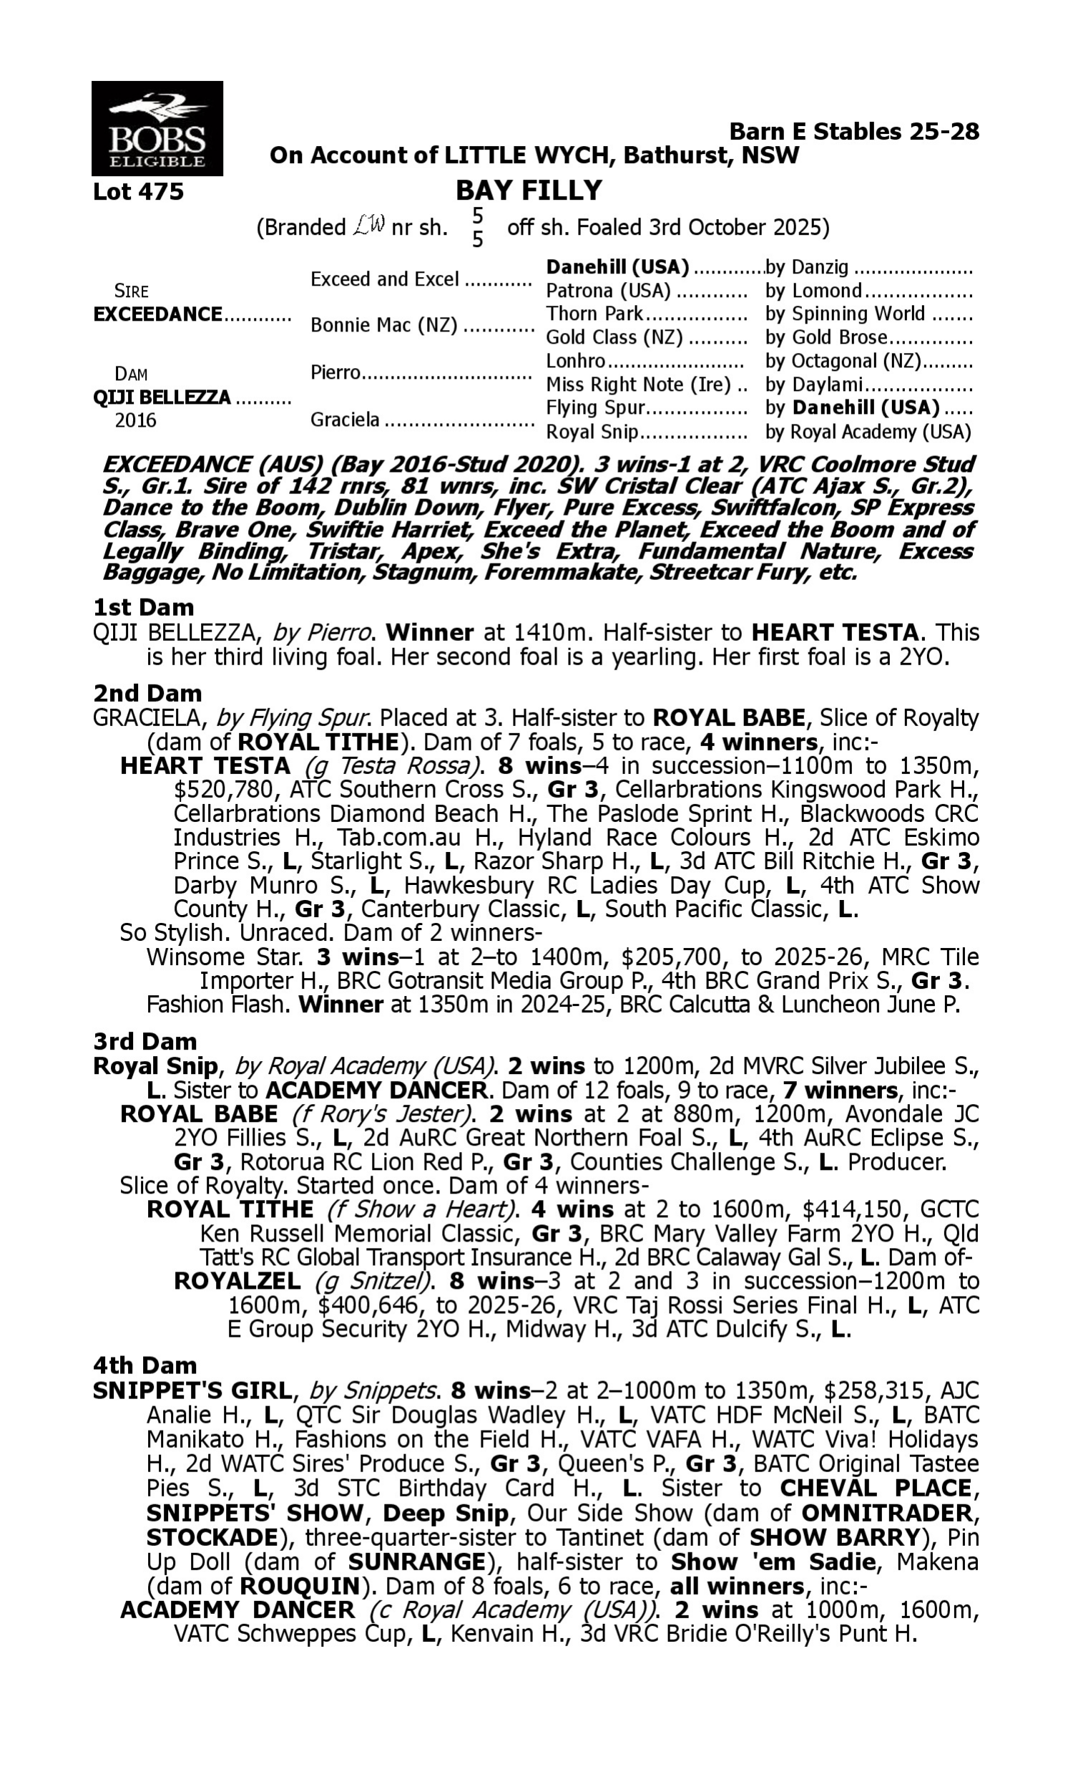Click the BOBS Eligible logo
pyautogui.click(x=157, y=129)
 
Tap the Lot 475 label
pyautogui.click(x=138, y=193)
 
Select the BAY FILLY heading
pyautogui.click(x=529, y=191)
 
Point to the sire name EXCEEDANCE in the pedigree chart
pyautogui.click(x=157, y=315)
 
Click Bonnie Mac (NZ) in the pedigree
pyautogui.click(x=384, y=326)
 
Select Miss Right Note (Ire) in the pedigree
pyautogui.click(x=639, y=385)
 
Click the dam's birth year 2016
pyautogui.click(x=135, y=421)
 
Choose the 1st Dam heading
pyautogui.click(x=143, y=607)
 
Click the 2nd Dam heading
pyautogui.click(x=147, y=693)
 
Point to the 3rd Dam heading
pyautogui.click(x=144, y=1041)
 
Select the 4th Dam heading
pyautogui.click(x=144, y=1365)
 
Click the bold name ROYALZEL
pyautogui.click(x=237, y=1282)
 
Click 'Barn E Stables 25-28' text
pyautogui.click(x=854, y=132)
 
